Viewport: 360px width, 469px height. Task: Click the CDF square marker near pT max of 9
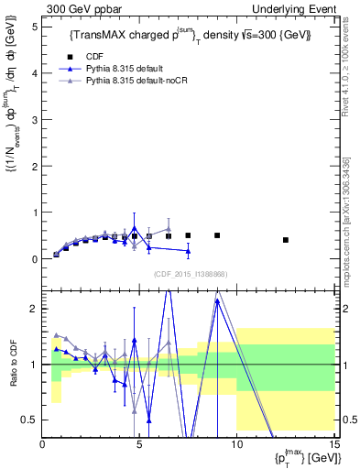coord(217,235)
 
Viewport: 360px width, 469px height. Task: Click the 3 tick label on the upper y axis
coord(34,120)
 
